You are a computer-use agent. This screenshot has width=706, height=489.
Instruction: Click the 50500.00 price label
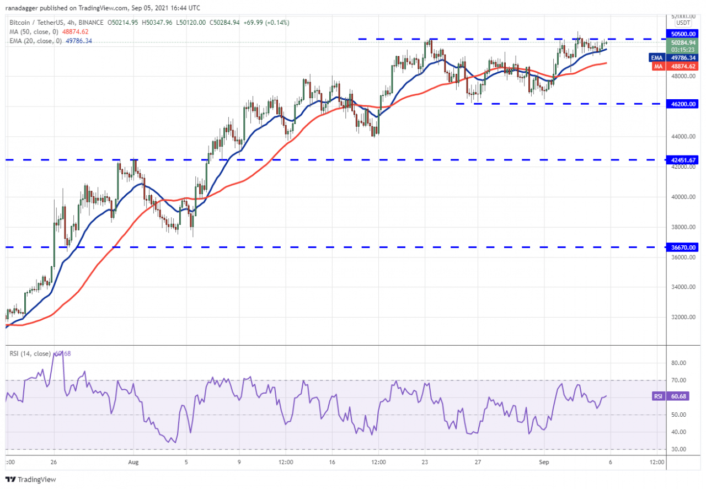tap(682, 33)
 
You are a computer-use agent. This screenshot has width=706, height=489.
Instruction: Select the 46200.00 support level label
tap(682, 104)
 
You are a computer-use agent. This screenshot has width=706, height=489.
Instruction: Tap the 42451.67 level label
tap(682, 160)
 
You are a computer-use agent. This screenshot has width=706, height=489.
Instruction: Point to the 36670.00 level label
tap(682, 247)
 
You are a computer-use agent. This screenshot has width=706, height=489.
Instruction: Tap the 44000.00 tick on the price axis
tap(682, 137)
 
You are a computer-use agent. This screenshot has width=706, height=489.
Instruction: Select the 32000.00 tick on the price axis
tap(682, 318)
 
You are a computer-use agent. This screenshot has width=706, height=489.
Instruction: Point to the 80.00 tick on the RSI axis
tap(678, 363)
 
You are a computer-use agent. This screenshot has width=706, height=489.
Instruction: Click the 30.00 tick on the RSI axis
tap(678, 449)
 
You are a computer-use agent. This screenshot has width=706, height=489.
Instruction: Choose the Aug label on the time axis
tap(133, 464)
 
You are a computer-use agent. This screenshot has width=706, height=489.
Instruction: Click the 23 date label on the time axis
tap(425, 464)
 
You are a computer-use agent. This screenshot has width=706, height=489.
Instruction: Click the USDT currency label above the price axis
tap(683, 23)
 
